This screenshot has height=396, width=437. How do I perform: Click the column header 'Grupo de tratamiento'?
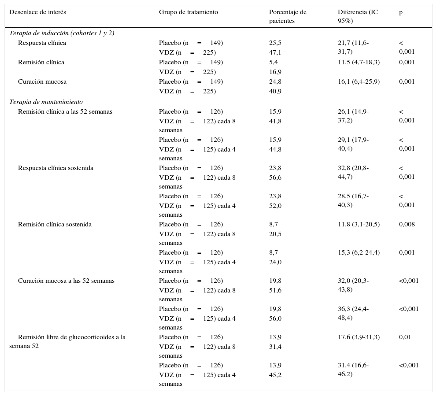point(188,12)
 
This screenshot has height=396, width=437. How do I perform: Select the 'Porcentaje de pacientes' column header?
point(287,16)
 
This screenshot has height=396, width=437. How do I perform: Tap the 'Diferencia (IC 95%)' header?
point(357,16)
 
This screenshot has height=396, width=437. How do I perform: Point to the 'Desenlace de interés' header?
point(37,12)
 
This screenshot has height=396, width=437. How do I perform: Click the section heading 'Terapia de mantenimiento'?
point(46,102)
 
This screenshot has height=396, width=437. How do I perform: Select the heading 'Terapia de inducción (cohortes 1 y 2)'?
point(62,33)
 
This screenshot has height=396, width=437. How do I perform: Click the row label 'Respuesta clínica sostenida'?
point(56,168)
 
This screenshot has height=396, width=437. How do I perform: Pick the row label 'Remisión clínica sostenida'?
point(55,224)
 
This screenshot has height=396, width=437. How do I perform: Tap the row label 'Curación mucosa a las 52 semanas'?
point(66,281)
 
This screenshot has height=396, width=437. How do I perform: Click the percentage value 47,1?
point(275,52)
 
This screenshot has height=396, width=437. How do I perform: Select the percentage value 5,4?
point(273,62)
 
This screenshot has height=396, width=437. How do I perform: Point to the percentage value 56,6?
point(275,178)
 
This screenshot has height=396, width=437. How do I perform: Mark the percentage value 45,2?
point(275,375)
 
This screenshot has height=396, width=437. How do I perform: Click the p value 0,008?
point(407,224)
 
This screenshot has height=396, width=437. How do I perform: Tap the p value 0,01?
point(405,337)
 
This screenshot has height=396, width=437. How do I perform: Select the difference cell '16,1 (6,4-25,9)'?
point(358,81)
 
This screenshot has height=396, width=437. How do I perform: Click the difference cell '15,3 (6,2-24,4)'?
point(358,252)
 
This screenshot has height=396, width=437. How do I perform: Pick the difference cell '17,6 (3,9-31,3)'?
point(358,337)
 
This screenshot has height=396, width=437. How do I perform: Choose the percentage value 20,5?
point(275,234)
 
